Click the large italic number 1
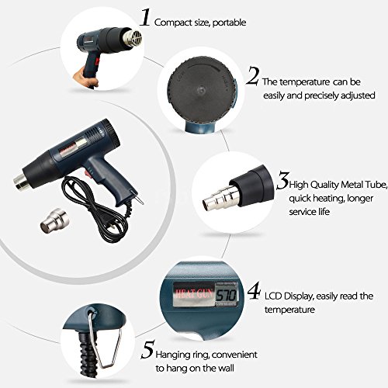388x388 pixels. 145,17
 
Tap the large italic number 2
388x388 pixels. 252,75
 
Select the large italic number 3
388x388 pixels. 282,181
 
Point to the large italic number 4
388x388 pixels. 254,291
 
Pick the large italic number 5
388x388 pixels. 148,349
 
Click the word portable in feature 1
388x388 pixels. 230,23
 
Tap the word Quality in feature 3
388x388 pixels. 324,185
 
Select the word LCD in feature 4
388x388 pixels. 273,296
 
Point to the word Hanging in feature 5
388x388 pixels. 172,355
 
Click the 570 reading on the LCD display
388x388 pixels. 226,295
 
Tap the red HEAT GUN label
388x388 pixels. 194,294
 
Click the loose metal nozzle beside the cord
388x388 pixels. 54,221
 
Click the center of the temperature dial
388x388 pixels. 201,90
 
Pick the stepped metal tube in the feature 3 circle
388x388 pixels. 220,196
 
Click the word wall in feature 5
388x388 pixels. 225,368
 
